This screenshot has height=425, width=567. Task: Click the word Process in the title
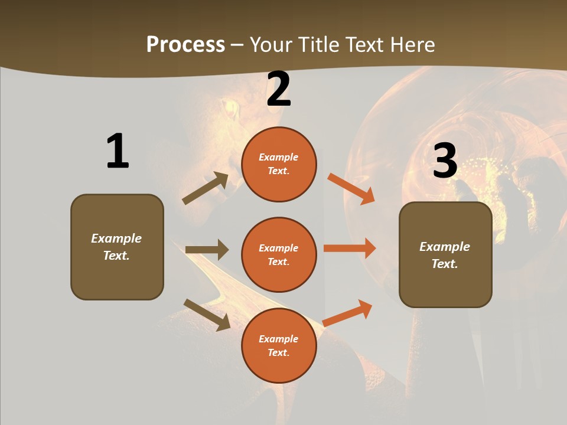point(185,44)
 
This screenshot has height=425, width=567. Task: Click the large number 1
point(118,151)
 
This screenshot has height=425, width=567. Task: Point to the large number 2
point(279,89)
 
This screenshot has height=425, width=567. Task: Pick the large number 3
point(445,161)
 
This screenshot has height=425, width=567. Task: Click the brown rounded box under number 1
point(117,247)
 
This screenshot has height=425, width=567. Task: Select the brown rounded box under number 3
point(445,255)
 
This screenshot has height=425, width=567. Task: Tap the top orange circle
point(279,164)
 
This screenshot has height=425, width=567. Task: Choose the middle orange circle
point(279,255)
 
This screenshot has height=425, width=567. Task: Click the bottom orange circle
point(279,346)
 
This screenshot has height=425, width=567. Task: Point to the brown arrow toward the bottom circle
point(207,314)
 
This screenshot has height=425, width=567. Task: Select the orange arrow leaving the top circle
point(351,189)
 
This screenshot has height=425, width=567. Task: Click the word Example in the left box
point(116,238)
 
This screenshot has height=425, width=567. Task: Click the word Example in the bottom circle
point(278,339)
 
